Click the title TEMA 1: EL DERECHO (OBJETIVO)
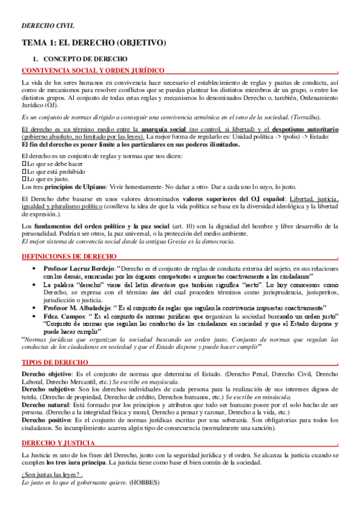[93, 44]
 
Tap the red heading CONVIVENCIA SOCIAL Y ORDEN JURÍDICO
[93, 70]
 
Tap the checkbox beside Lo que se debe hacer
[23, 162]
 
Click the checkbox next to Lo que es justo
[23, 178]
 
